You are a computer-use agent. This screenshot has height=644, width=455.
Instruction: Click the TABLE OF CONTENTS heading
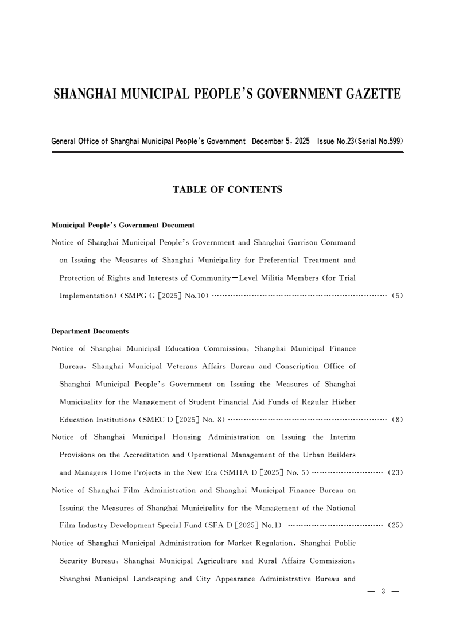pos(227,189)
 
